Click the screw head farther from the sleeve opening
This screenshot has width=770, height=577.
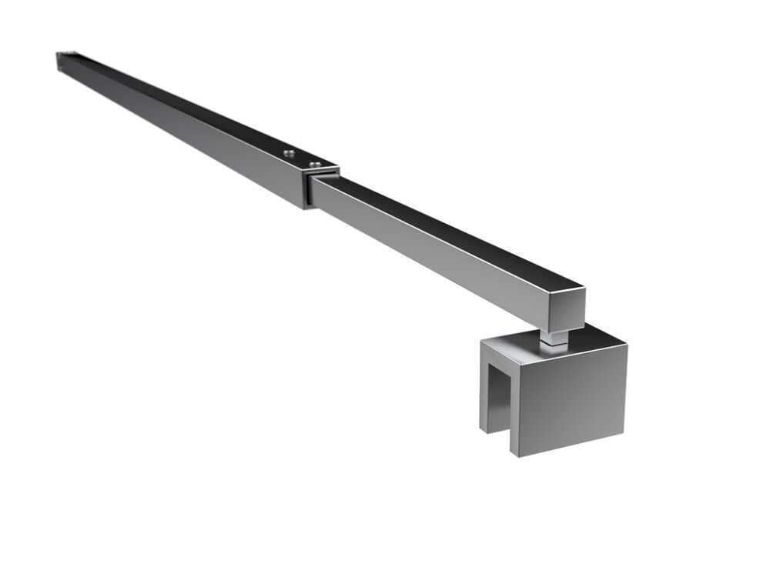coord(288,154)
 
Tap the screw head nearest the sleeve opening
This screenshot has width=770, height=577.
coord(313,163)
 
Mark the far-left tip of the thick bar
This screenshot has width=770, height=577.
coord(59,62)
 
